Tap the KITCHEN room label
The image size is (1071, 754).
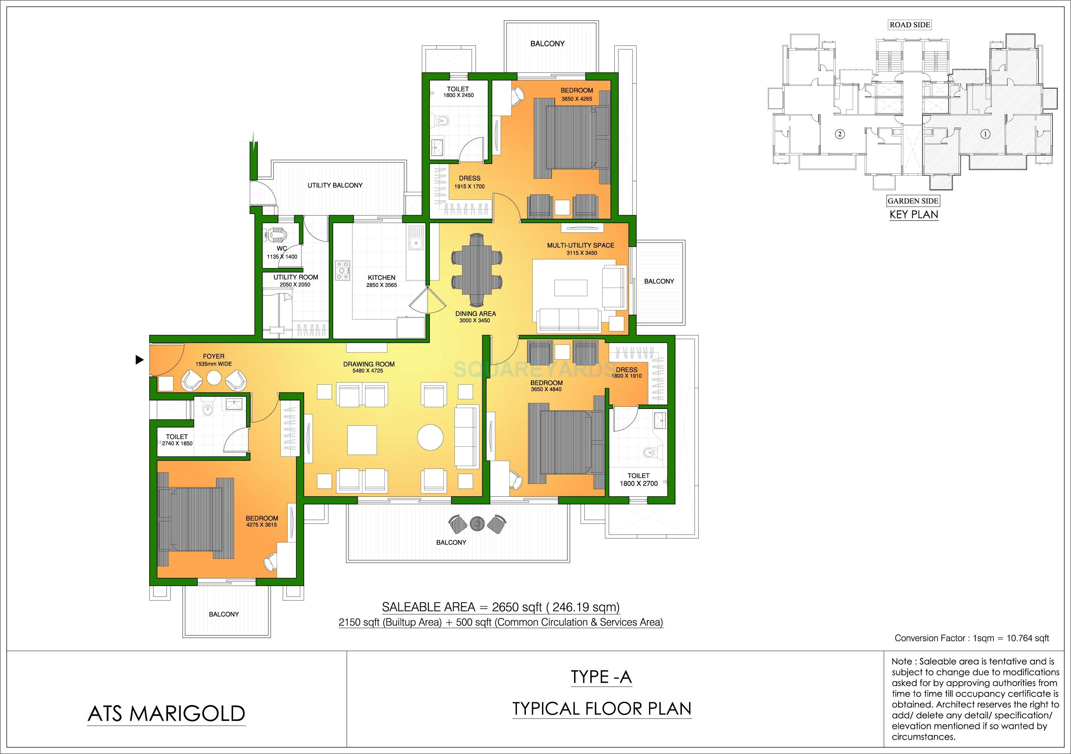click(381, 278)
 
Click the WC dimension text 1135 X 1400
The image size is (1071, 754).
click(282, 257)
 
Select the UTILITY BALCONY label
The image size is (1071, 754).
click(335, 186)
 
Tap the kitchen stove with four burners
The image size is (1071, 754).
click(343, 270)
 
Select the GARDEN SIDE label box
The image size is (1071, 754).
click(913, 201)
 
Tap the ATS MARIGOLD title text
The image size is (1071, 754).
click(166, 713)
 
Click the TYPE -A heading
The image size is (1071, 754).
click(601, 677)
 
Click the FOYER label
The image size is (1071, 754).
click(213, 356)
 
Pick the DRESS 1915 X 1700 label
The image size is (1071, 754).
click(469, 182)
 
